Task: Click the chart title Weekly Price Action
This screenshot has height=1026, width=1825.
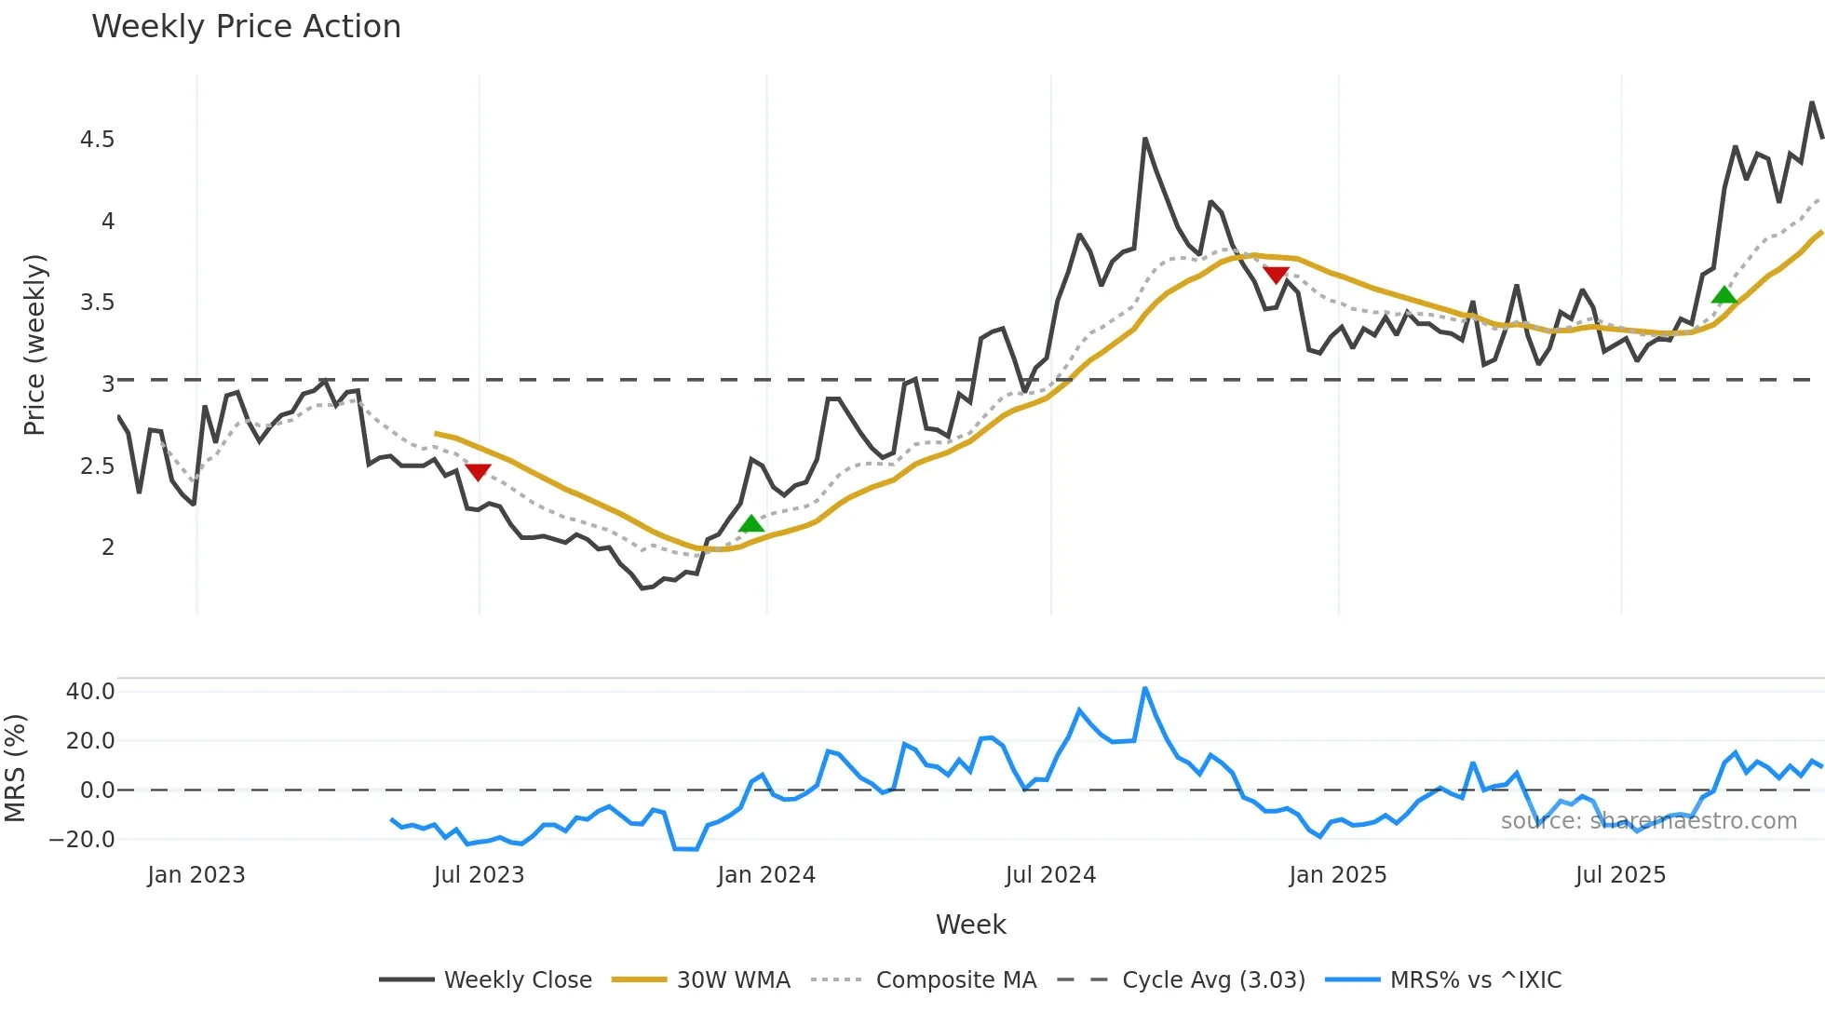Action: pos(246,27)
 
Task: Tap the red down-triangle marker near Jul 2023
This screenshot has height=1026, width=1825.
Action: pos(478,472)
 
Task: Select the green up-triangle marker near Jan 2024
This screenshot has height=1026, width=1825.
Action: pos(751,524)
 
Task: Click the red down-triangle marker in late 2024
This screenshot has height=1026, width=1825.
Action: pos(1276,275)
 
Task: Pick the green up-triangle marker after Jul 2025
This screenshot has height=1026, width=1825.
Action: pos(1724,296)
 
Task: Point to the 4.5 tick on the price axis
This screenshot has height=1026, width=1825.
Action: pos(97,140)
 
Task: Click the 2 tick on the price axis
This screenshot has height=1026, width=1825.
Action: pos(108,547)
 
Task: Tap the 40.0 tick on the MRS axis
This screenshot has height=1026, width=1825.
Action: pos(90,692)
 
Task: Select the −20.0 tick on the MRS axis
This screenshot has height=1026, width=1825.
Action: pos(82,840)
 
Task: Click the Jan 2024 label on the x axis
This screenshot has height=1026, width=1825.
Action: pos(766,875)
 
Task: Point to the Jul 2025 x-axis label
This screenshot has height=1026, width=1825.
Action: pos(1620,875)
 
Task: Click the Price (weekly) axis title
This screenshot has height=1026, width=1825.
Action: pos(34,344)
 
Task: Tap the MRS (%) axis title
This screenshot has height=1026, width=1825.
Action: pos(15,768)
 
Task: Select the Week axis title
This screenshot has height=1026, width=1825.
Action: pos(970,925)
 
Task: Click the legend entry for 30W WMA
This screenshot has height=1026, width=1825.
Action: pos(733,980)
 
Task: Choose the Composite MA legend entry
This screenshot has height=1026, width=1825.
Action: pos(955,980)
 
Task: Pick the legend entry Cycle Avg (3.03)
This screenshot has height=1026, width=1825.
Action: pos(1213,980)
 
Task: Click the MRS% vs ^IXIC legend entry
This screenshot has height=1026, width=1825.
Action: pos(1475,980)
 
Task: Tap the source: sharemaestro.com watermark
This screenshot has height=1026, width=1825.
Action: pos(1648,821)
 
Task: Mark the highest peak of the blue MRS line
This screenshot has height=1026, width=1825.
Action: pos(1145,688)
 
